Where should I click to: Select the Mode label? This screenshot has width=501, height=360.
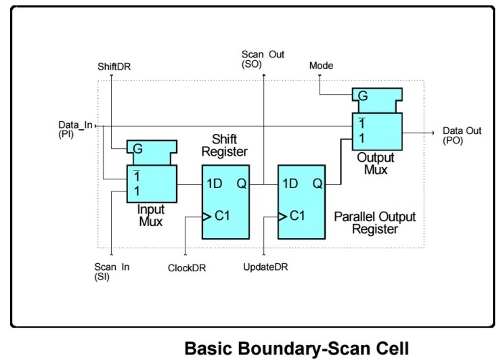pyautogui.click(x=320, y=66)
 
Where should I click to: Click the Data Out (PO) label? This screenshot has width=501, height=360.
pyautogui.click(x=462, y=135)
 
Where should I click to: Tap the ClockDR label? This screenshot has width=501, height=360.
pyautogui.click(x=187, y=267)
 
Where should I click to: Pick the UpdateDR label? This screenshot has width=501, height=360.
pyautogui.click(x=265, y=267)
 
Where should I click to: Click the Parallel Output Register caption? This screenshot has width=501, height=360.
pyautogui.click(x=375, y=223)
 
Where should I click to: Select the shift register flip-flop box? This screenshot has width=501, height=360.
pyautogui.click(x=225, y=202)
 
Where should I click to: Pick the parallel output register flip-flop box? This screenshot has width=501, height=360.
pyautogui.click(x=301, y=202)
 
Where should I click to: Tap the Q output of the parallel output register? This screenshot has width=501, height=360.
pyautogui.click(x=316, y=183)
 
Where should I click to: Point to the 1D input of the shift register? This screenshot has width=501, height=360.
pyautogui.click(x=215, y=183)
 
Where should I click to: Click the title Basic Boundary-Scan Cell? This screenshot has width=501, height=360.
pyautogui.click(x=297, y=348)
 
